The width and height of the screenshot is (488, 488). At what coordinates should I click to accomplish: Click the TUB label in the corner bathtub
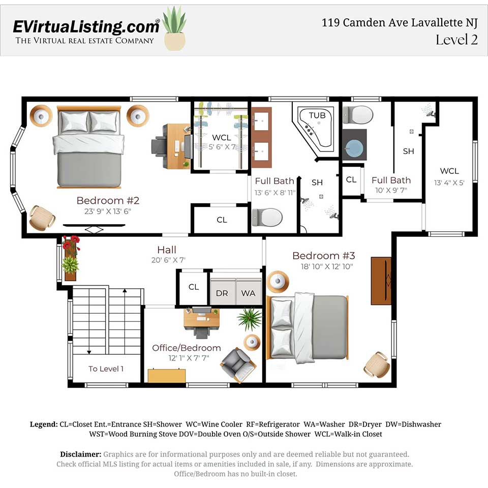tap(317, 115)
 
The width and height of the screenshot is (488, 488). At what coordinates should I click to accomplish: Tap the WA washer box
tap(249, 293)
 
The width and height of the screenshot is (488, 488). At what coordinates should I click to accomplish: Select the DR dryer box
tap(222, 293)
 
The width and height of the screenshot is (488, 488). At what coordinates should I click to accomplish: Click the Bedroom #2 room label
tap(108, 200)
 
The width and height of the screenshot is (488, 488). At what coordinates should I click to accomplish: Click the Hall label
tap(167, 250)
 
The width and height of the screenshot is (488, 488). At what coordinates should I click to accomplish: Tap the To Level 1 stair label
tap(106, 369)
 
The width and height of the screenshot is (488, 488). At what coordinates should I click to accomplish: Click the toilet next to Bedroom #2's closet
tap(267, 218)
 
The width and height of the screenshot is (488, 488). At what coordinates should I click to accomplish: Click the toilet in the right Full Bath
tap(358, 114)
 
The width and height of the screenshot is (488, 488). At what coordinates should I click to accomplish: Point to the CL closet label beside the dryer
tap(194, 287)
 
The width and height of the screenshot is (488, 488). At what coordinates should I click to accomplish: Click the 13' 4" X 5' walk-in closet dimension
tap(449, 182)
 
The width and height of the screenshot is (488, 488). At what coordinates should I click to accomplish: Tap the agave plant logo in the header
tap(174, 28)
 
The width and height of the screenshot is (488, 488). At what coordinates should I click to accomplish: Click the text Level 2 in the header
tap(456, 40)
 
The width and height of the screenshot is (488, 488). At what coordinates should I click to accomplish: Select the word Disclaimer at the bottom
tap(81, 454)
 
